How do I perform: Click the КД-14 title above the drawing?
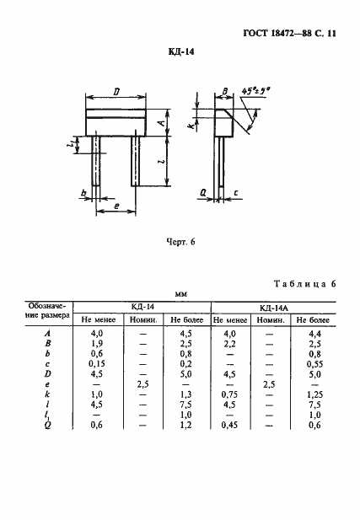180,52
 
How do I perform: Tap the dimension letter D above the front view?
116,92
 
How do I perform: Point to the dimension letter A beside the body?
161,123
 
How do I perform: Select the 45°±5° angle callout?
255,90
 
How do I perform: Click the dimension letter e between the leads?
116,206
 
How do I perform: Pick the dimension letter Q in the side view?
203,193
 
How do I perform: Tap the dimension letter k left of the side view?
191,126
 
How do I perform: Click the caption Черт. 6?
180,242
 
